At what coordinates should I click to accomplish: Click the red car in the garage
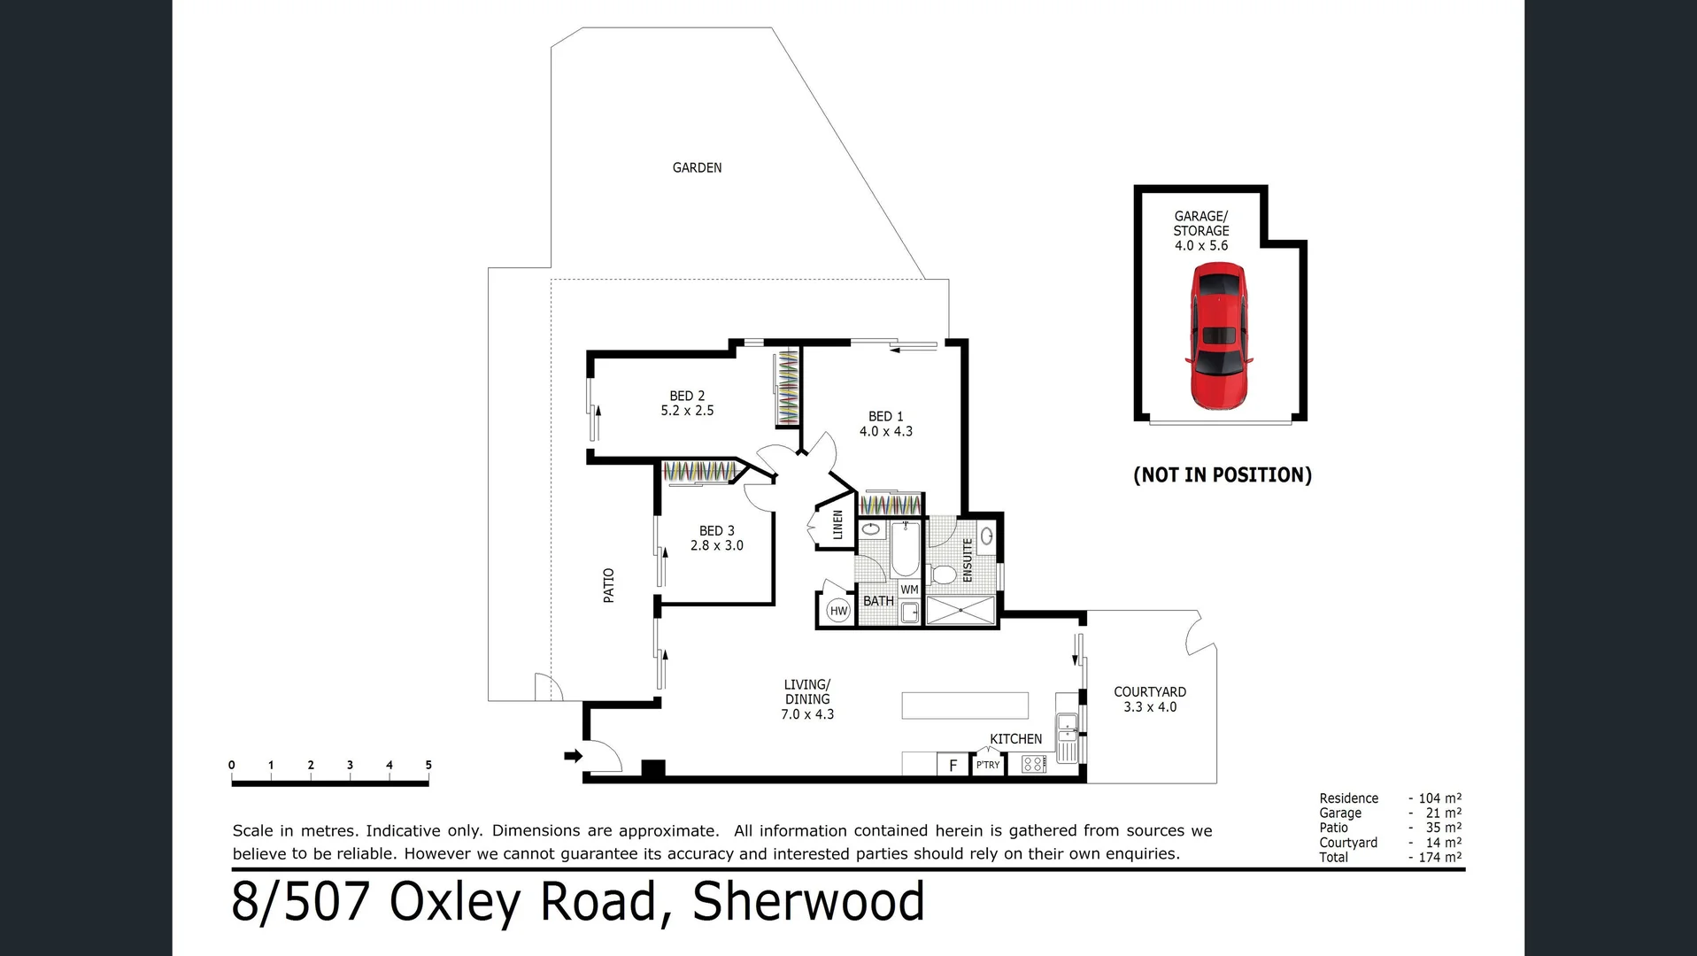coord(1219,337)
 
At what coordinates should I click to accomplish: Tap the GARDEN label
coord(697,167)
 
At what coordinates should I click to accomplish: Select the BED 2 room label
coord(687,396)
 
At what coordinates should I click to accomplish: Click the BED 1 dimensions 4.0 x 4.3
coord(885,431)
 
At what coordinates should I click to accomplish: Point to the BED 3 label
coord(716,530)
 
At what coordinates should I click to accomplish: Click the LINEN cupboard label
coord(837,525)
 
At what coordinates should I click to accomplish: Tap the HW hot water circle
coord(838,611)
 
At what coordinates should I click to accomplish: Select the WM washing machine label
coord(909,590)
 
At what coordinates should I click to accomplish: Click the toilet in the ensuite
coord(944,574)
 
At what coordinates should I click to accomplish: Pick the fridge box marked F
coord(953,765)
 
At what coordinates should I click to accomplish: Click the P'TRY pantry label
coord(988,765)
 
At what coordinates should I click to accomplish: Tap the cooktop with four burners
coord(1033,764)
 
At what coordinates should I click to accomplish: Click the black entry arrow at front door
coord(574,755)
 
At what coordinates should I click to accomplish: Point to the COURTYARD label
coord(1149,691)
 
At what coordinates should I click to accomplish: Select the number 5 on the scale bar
coord(428,765)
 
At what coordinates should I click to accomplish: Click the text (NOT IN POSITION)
coord(1222,475)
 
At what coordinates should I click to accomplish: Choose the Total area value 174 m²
coord(1439,857)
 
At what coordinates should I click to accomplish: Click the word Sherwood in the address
coord(807,902)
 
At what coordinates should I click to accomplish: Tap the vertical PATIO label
coord(608,585)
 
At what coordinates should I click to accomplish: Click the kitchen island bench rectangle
coord(964,705)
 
